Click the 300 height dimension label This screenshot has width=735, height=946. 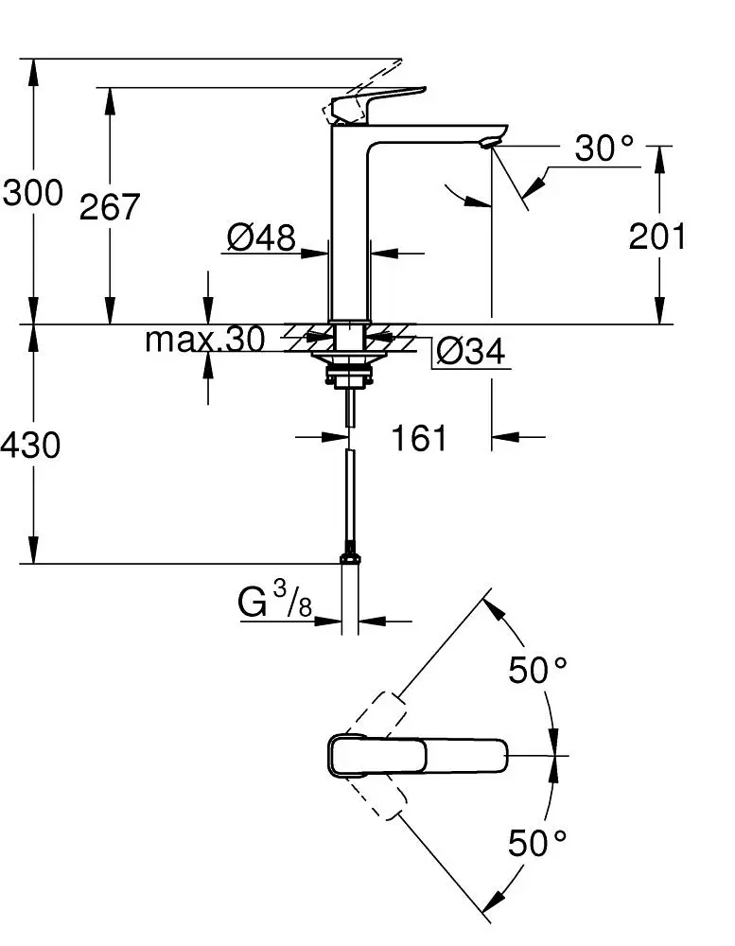pyautogui.click(x=33, y=194)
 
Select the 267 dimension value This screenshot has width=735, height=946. pyautogui.click(x=110, y=206)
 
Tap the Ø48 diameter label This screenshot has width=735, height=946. pyautogui.click(x=261, y=237)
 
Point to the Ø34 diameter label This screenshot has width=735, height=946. pyautogui.click(x=470, y=352)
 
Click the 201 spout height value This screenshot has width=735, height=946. pyautogui.click(x=658, y=236)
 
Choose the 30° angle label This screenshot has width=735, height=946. pyautogui.click(x=604, y=149)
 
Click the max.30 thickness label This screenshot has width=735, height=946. pyautogui.click(x=204, y=340)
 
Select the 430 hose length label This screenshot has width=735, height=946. pyautogui.click(x=31, y=445)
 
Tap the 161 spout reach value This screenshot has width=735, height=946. pyautogui.click(x=419, y=438)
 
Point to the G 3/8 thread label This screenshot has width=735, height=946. pyautogui.click(x=274, y=603)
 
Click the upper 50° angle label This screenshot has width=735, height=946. pyautogui.click(x=538, y=670)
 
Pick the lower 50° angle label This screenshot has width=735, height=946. pyautogui.click(x=538, y=841)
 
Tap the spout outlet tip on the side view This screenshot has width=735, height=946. pyautogui.click(x=487, y=143)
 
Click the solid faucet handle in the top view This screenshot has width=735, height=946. pyautogui.click(x=416, y=755)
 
